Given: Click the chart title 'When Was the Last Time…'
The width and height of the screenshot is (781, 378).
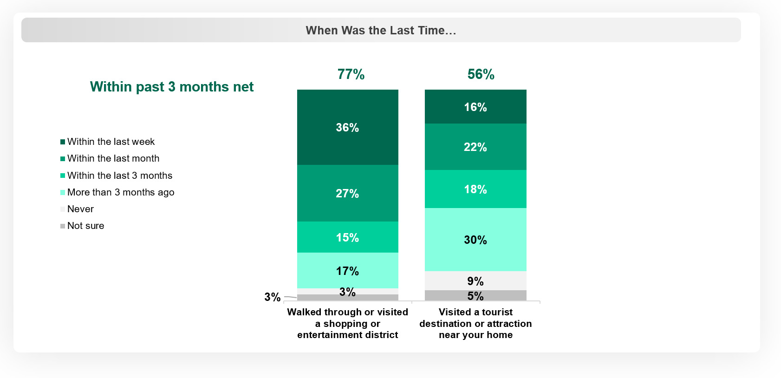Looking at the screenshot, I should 381,31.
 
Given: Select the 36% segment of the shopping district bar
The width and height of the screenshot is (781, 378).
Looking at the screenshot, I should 347,127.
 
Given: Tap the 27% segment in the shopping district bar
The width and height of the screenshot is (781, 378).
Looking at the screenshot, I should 347,193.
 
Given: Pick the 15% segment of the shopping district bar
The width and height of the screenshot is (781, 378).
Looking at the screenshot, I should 347,237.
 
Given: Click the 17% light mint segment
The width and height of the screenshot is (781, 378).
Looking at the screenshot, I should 347,271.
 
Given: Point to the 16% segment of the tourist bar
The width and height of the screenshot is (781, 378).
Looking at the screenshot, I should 475,107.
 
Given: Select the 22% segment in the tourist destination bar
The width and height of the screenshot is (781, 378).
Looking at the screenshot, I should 475,147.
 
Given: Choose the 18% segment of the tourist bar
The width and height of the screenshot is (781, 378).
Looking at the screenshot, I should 475,189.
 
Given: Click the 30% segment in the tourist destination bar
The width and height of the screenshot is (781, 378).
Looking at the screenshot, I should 475,240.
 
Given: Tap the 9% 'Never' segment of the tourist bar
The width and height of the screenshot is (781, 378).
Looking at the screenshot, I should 475,281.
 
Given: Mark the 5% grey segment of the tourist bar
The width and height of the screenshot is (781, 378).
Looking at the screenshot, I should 475,296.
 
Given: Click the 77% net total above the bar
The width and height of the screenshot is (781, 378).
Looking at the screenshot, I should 351,74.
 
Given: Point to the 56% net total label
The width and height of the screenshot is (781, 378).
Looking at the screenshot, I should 481,74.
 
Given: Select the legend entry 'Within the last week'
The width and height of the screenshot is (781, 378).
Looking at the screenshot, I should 111,142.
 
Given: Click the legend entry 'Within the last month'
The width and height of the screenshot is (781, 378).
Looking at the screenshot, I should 113,158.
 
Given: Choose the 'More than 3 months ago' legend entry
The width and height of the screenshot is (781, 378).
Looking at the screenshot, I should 120,192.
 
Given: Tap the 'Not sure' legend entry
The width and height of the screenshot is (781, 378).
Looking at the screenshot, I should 85,226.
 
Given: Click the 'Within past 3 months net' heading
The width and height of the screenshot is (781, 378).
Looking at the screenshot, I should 172,87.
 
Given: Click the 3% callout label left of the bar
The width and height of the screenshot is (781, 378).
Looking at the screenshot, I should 272,297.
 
